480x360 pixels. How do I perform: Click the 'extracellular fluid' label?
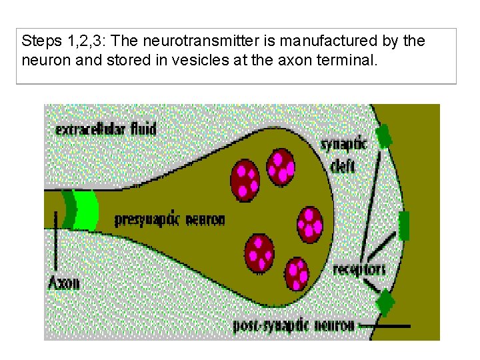pos(106,127)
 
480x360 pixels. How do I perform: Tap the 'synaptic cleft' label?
pos(343,154)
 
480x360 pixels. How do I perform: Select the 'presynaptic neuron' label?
pos(169,219)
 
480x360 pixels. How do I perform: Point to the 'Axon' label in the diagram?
pos(64,282)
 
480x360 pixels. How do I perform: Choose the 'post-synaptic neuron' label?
pos(293,326)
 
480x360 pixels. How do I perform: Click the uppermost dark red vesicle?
pos(281,165)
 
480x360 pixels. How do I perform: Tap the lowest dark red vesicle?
pos(296,273)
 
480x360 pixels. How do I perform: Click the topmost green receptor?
pos(383,137)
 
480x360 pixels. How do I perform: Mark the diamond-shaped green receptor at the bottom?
pos(384,303)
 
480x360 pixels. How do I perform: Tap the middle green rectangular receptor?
pos(403,225)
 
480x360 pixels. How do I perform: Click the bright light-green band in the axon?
pos(85,210)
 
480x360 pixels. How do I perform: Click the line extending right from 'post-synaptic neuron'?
pos(383,326)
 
